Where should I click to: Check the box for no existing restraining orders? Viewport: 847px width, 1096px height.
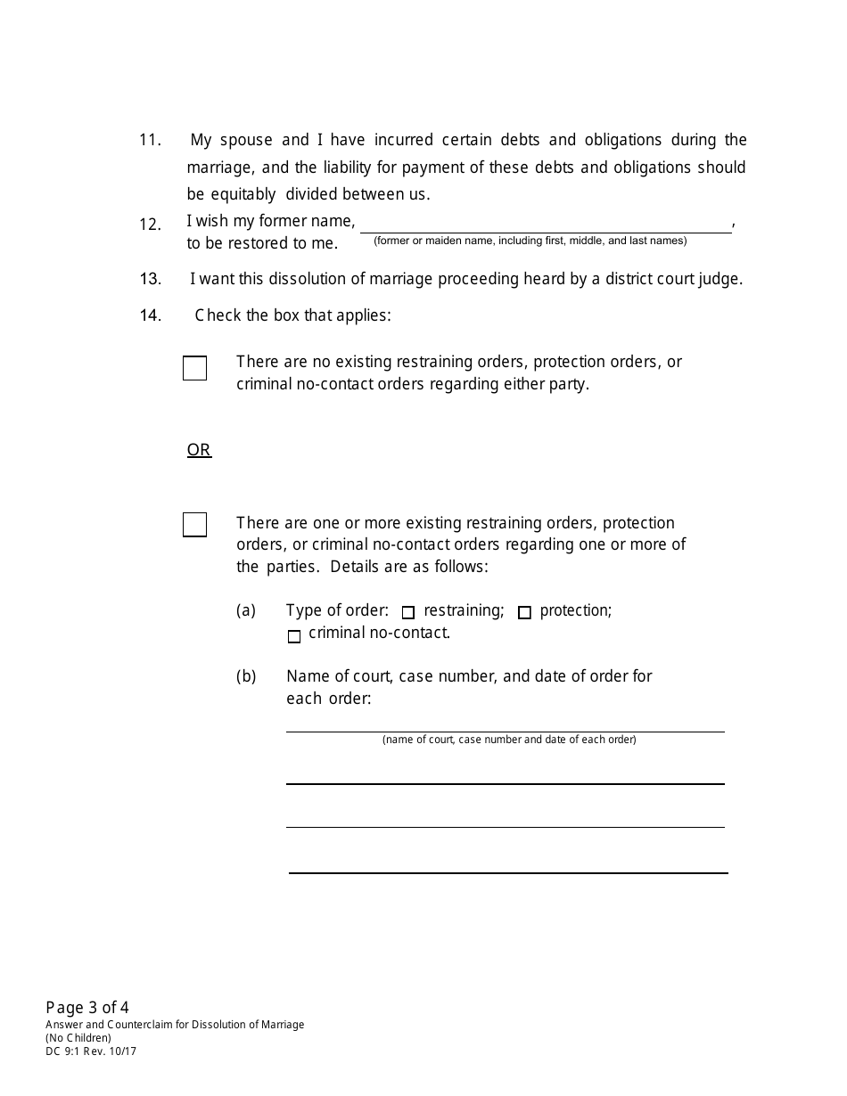194,368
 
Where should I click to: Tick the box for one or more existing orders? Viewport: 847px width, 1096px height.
194,525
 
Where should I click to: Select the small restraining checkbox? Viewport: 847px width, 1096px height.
408,612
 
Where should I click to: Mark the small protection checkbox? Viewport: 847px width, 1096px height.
524,612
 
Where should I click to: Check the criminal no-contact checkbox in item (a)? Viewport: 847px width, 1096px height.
294,636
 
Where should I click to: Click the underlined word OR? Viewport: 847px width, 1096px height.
199,450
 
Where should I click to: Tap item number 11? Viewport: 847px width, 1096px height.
150,140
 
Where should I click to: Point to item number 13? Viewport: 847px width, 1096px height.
150,279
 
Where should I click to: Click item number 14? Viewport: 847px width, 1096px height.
150,315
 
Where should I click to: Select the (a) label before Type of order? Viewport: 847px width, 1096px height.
246,610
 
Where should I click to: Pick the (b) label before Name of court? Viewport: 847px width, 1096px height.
246,676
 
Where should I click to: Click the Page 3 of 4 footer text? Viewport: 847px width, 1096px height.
87,1008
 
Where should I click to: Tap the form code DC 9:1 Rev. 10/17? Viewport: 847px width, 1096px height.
91,1051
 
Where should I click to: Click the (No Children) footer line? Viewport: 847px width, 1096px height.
78,1038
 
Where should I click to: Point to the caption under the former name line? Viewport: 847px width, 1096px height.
530,241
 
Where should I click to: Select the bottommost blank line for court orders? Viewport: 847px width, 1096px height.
508,871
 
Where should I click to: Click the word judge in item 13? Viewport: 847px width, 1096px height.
721,279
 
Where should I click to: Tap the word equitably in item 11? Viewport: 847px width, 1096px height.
243,194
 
